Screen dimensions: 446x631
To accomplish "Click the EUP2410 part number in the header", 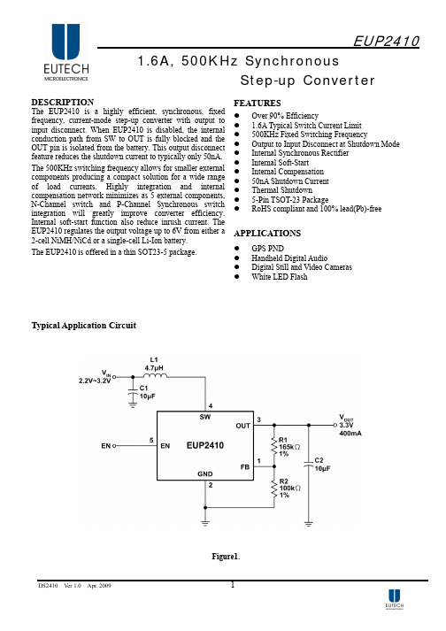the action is pyautogui.click(x=386, y=41).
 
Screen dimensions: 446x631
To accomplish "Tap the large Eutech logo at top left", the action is pyautogui.click(x=66, y=52).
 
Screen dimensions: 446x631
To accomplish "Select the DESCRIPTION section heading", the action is pyautogui.click(x=63, y=102).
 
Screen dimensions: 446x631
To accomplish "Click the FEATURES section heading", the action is pyautogui.click(x=258, y=103).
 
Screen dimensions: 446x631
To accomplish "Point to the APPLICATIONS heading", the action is pyautogui.click(x=267, y=234).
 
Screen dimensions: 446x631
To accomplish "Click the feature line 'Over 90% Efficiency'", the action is pyautogui.click(x=285, y=116).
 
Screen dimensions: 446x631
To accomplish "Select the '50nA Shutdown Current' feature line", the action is pyautogui.click(x=290, y=181).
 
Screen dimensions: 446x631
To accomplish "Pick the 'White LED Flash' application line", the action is pyautogui.click(x=280, y=277).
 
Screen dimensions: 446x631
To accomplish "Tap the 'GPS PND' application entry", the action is pyautogui.click(x=267, y=249).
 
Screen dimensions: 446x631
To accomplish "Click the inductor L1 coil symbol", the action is pyautogui.click(x=155, y=376).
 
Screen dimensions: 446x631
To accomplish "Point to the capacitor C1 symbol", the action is pyautogui.click(x=133, y=391).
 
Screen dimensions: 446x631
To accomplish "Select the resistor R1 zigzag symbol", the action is pyautogui.click(x=274, y=446).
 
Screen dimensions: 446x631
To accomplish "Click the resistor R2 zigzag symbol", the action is pyautogui.click(x=274, y=489).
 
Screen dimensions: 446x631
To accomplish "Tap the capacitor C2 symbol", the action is pyautogui.click(x=308, y=464).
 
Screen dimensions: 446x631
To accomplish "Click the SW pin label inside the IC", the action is pyautogui.click(x=205, y=417).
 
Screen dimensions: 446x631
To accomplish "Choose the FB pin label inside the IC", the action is pyautogui.click(x=245, y=467).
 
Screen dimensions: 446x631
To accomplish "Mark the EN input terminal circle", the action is pyautogui.click(x=114, y=445).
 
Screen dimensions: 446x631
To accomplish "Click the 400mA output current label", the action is pyautogui.click(x=350, y=434).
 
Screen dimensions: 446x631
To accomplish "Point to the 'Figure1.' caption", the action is pyautogui.click(x=226, y=557).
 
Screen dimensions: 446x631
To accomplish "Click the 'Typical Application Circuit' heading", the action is pyautogui.click(x=84, y=326).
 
